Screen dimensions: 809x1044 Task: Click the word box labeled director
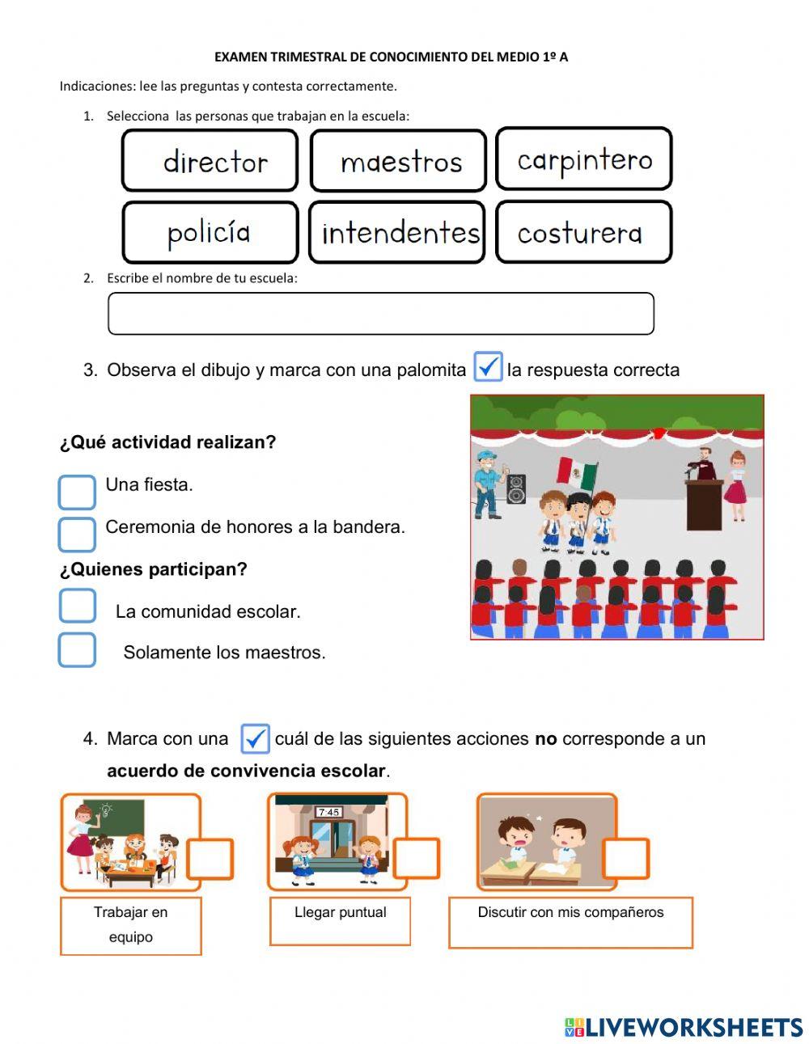tap(210, 160)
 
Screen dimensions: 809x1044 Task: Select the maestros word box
tap(398, 160)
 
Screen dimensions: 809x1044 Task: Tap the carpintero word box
tap(583, 159)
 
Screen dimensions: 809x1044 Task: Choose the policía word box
tap(210, 232)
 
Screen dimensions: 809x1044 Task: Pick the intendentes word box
tap(397, 232)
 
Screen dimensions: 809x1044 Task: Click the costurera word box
tap(583, 232)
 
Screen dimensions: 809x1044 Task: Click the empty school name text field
tap(380, 314)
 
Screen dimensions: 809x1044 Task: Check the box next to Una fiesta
tap(77, 492)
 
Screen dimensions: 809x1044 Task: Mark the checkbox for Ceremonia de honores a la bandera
tap(77, 534)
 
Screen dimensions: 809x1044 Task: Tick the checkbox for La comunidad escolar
tap(77, 606)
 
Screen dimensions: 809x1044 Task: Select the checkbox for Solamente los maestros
tap(77, 649)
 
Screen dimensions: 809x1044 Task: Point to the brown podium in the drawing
tap(704, 503)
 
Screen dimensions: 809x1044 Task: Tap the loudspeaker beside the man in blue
tap(515, 489)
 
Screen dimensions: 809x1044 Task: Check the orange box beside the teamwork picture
tap(210, 859)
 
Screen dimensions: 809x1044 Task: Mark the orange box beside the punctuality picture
tap(417, 859)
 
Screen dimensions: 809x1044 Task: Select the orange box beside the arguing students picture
tap(625, 859)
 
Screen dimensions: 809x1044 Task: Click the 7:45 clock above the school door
tap(329, 812)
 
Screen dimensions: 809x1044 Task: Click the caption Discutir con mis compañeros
tap(570, 913)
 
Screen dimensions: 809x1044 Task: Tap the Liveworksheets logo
tap(684, 1027)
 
